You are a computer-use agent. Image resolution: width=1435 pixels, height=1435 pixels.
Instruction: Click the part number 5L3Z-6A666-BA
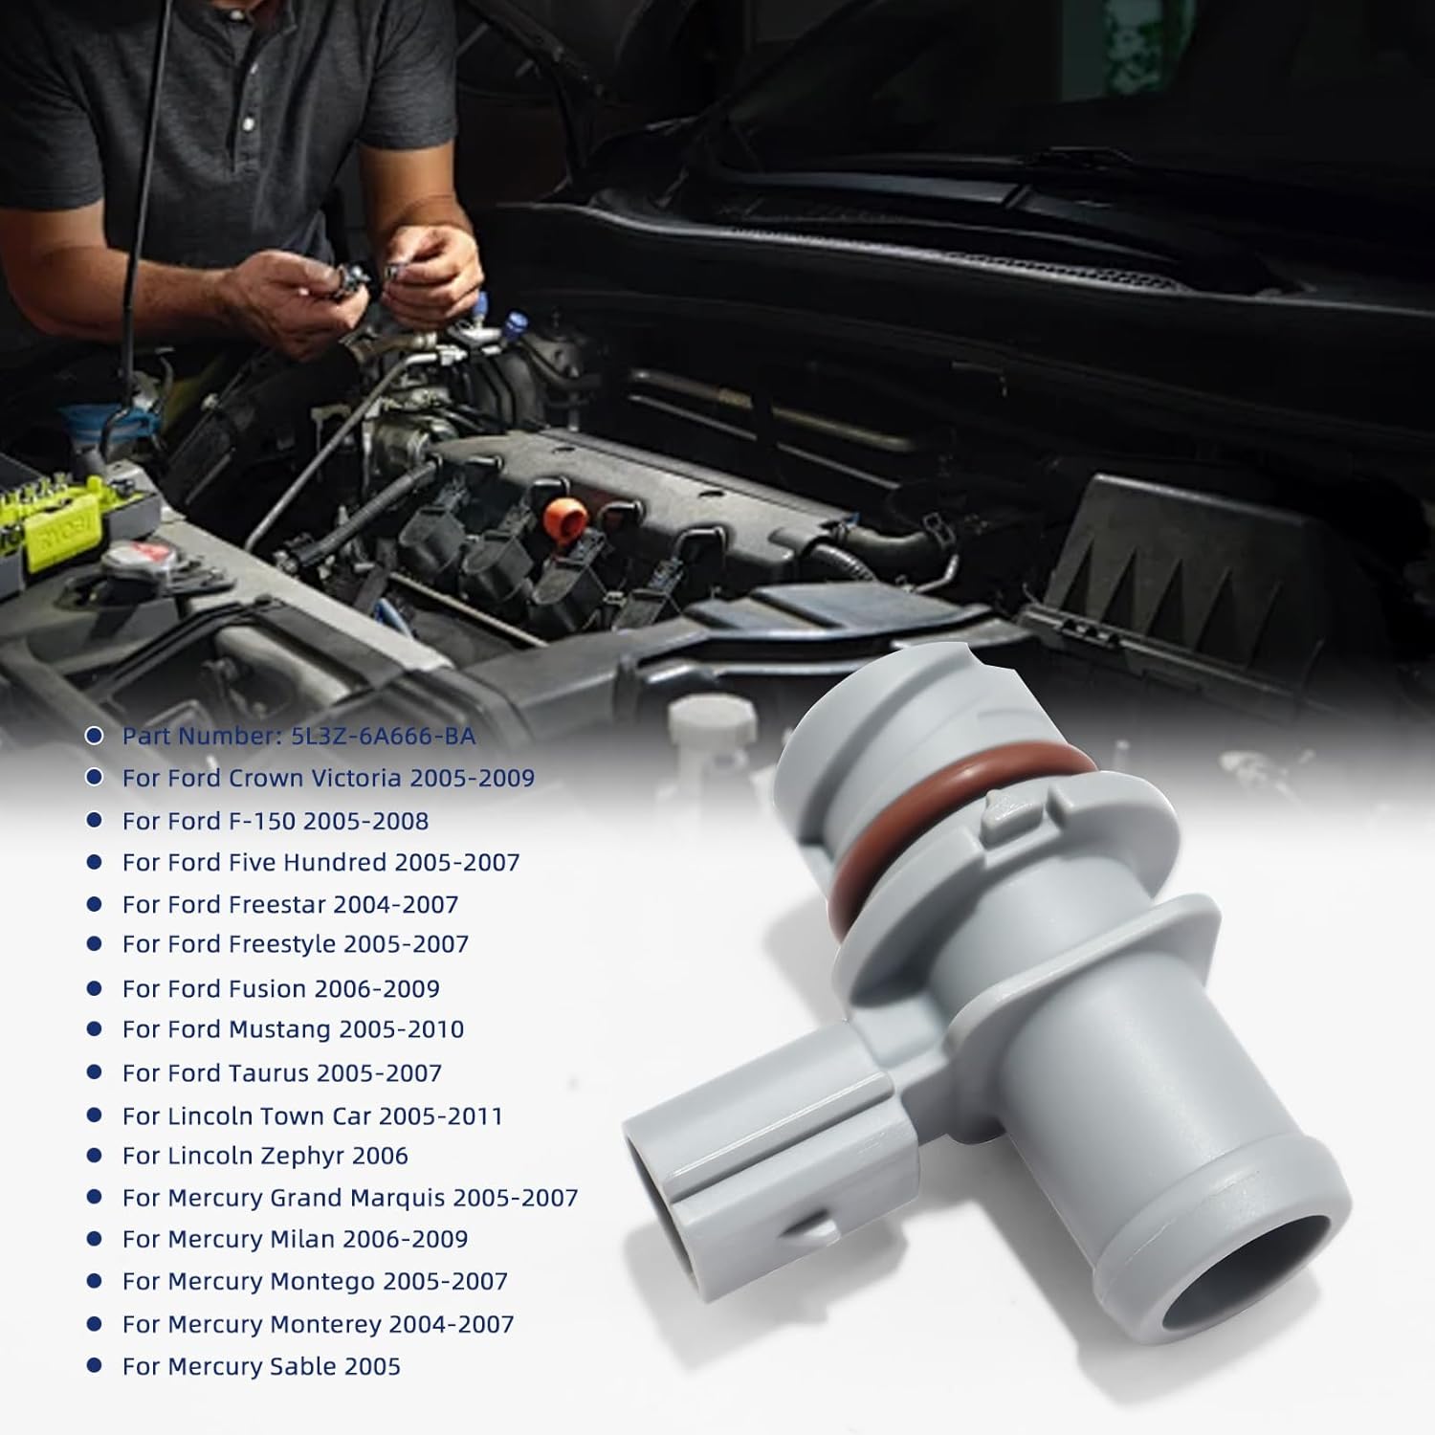(x=393, y=736)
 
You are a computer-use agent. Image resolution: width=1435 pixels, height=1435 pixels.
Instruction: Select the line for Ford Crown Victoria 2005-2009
(x=327, y=778)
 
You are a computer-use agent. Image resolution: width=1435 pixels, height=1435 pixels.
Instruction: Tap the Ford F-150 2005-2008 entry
(x=275, y=821)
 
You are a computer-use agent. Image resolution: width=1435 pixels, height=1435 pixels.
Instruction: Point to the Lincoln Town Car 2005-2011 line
(x=312, y=1115)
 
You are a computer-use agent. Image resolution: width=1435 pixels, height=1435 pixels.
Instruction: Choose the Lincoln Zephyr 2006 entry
(x=265, y=1156)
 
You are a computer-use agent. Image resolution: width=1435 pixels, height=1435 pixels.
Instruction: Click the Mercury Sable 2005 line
(x=261, y=1366)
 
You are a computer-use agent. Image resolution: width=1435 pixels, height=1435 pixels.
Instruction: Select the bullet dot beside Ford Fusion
(x=94, y=987)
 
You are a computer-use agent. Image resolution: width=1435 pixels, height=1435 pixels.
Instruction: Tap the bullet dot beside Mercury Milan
(x=94, y=1239)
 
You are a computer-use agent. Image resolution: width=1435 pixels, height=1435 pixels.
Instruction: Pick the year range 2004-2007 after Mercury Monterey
(x=456, y=1324)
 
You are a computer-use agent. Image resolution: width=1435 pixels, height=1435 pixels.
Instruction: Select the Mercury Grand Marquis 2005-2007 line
(x=350, y=1198)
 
